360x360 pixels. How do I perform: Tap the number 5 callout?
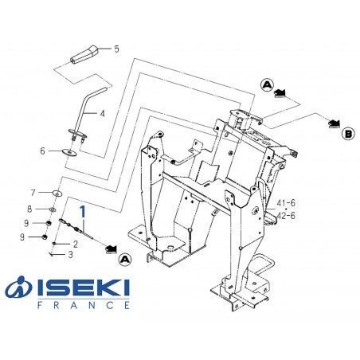(x=116, y=49)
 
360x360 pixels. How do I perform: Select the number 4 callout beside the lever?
(x=101, y=114)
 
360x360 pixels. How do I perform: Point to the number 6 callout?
(x=42, y=151)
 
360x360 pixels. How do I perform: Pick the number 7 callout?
(x=33, y=192)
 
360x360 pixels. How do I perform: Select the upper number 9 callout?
(x=26, y=223)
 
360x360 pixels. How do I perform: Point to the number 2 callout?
(x=75, y=244)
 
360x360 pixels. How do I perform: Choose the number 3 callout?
(x=70, y=255)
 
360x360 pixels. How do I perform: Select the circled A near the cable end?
(x=123, y=260)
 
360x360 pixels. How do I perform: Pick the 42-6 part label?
(x=286, y=215)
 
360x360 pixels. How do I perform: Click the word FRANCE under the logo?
(x=83, y=303)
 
